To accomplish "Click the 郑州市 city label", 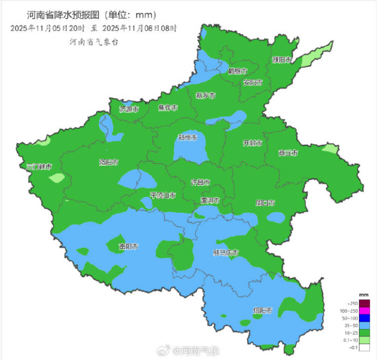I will point(187,138).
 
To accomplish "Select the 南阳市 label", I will point(129,246).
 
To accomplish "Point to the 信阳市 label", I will point(262,311).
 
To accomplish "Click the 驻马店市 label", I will point(226,253).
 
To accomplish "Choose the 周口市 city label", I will point(265,203).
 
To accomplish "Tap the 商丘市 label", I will point(288,153).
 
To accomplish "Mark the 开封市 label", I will point(252,143).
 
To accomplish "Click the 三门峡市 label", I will point(39,167).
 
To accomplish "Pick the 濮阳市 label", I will point(282,60).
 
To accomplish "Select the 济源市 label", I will point(129,109).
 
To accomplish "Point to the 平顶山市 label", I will point(163,195).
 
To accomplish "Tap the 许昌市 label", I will point(200,182).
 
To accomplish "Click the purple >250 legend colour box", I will point(365,303).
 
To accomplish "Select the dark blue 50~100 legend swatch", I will point(365,318).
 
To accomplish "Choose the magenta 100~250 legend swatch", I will point(365,311).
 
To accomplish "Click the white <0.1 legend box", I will point(365,348).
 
